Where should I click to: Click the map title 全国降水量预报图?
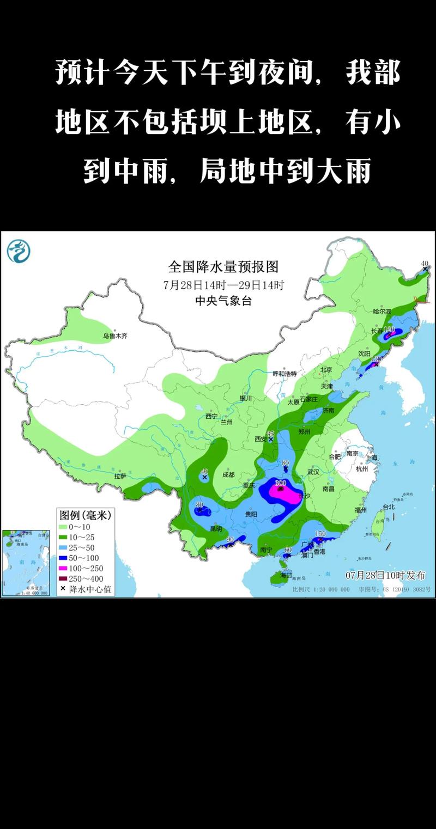pos(223,267)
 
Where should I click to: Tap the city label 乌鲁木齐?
pos(115,336)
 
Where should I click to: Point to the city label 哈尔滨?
pos(382,312)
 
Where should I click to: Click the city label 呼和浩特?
pos(284,374)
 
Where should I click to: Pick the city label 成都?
pos(228,474)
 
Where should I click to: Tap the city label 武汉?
pos(314,472)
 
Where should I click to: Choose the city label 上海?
pos(372,458)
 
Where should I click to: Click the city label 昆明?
pos(216,528)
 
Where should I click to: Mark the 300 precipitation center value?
pos(281,483)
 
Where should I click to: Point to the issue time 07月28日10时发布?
pos(385,575)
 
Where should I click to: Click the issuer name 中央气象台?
pos(223,301)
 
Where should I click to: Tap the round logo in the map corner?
pos(19,251)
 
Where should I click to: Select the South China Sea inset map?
pos(27,563)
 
